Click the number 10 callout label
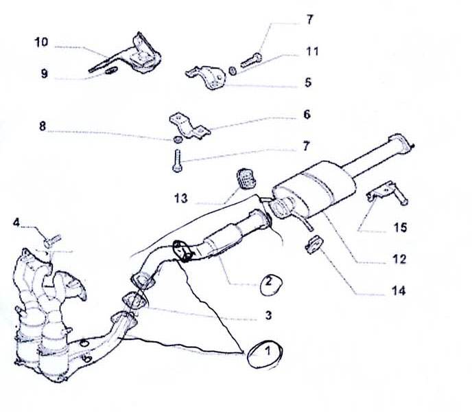[x=40, y=43]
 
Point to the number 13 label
[x=180, y=198]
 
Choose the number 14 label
[x=398, y=291]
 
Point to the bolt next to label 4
[x=49, y=241]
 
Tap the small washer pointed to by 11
[x=234, y=71]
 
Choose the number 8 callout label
[x=43, y=126]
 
